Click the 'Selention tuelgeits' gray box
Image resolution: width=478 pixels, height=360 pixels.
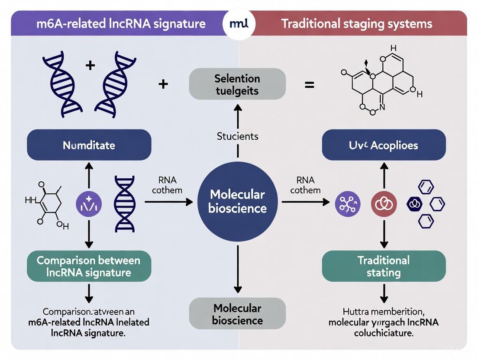pos(237,84)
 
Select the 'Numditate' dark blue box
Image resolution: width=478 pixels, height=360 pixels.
pos(89,145)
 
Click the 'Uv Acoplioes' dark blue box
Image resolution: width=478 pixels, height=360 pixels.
pos(384,145)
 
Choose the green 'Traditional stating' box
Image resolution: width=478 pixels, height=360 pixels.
pos(384,266)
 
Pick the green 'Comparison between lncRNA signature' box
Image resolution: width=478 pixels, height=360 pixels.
pos(89,266)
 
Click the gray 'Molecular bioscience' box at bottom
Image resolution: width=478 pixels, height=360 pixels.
pos(237,315)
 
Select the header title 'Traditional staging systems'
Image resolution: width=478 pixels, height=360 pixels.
pos(356,23)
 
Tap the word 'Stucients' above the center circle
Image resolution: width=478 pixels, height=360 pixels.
pos(237,136)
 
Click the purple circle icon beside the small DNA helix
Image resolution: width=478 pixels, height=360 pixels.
pos(89,202)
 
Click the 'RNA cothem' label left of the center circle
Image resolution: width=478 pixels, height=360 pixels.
pos(167,185)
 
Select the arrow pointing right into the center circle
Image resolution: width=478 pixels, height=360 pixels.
pos(169,202)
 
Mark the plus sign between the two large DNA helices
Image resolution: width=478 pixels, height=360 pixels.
pos(90,66)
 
